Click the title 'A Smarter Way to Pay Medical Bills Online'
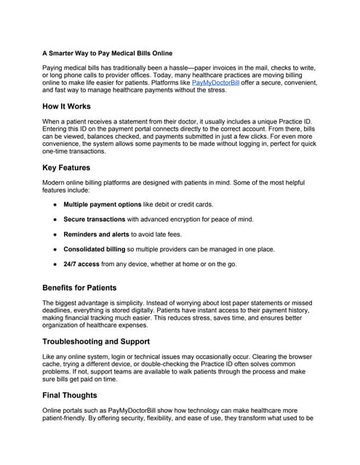pos(108,54)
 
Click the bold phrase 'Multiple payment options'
pos(103,205)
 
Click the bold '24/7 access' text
pos(82,264)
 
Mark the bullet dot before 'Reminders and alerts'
pos(54,234)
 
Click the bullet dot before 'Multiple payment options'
pos(54,205)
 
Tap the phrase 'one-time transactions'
pos(79,152)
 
